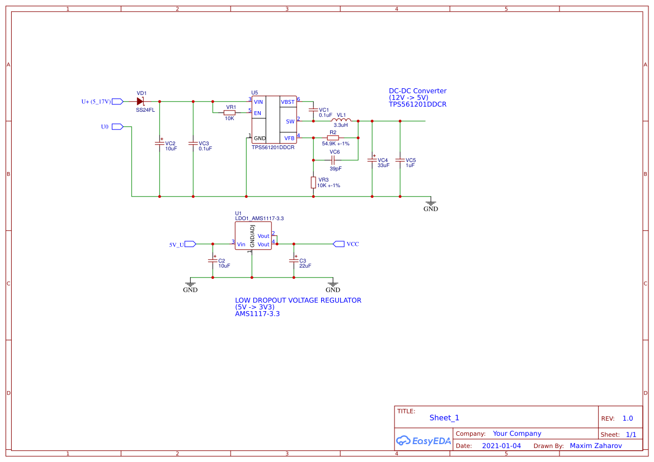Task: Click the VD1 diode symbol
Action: point(140,101)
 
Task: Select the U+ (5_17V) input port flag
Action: point(117,102)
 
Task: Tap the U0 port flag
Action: point(117,127)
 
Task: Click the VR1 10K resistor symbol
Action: point(229,113)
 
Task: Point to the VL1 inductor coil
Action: point(341,120)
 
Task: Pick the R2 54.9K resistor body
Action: point(333,137)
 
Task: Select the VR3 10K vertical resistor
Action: point(313,182)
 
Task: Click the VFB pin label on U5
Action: point(289,137)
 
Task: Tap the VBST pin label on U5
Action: point(288,102)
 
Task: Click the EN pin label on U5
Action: point(257,113)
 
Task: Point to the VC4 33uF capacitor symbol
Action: point(372,160)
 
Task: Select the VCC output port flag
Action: point(338,244)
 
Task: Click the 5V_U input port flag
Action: point(190,244)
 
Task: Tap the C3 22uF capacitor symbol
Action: point(294,261)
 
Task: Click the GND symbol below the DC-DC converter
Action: point(431,204)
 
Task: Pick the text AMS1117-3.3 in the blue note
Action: point(257,314)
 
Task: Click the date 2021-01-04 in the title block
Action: point(501,446)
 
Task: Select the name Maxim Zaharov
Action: point(595,446)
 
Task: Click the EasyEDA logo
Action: point(423,440)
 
